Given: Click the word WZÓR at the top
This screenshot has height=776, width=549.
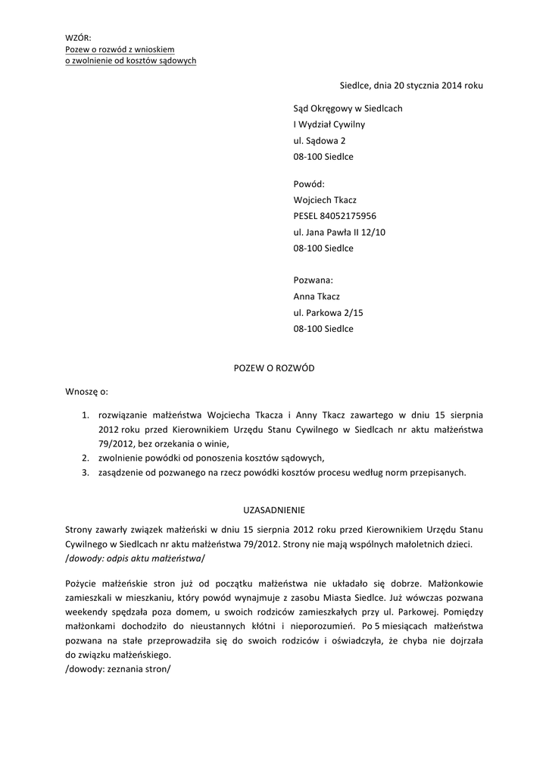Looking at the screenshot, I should (78, 38).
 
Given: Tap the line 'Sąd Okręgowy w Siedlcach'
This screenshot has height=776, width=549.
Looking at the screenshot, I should (348, 108).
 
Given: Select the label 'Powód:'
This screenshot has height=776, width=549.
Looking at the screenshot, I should (308, 183).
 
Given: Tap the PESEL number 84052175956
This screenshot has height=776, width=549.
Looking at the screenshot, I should (335, 216).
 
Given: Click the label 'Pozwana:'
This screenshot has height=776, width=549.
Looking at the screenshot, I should (313, 280).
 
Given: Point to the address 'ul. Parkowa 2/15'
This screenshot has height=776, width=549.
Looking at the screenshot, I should (328, 312).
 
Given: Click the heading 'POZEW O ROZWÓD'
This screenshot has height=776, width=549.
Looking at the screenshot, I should (273, 368).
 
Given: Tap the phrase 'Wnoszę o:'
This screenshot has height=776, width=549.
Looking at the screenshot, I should (87, 392).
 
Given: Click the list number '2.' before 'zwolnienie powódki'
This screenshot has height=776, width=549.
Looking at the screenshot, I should (86, 458).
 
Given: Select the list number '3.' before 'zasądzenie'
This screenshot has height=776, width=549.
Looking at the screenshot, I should (86, 473).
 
